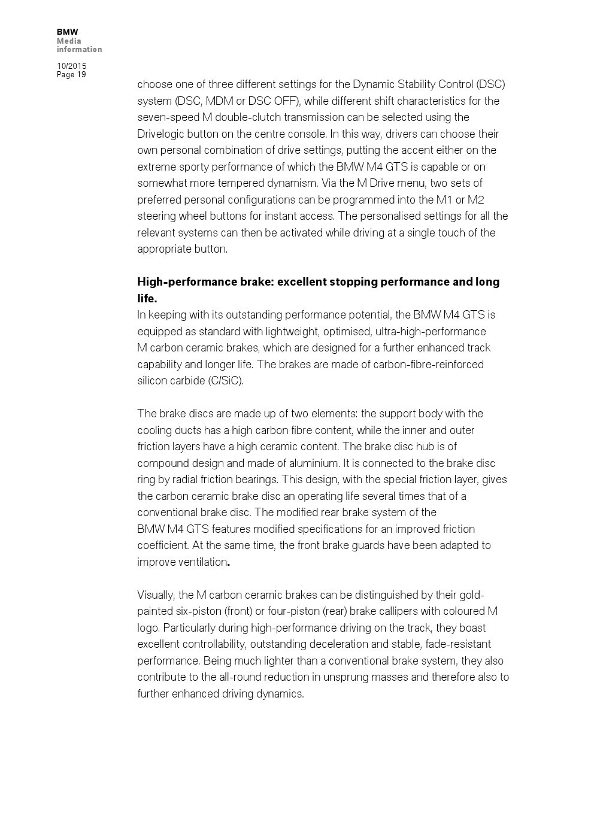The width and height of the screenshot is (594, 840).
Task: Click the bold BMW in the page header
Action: click(67, 32)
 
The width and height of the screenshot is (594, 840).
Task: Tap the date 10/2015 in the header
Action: click(71, 66)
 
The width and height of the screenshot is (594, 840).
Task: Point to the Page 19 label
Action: click(71, 75)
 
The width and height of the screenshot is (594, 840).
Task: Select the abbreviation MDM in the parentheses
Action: click(220, 101)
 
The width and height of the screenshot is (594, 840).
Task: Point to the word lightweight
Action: click(274, 332)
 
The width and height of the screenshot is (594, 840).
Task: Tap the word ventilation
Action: click(199, 562)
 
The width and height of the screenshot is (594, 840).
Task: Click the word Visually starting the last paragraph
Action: click(156, 595)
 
